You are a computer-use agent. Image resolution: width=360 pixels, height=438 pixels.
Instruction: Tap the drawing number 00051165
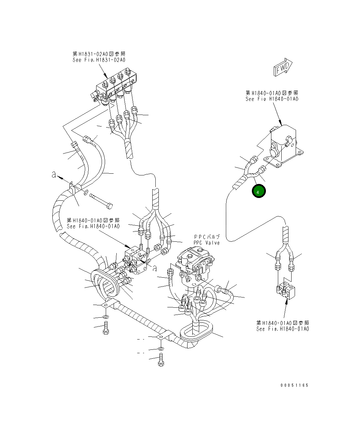pyautogui.click(x=294, y=385)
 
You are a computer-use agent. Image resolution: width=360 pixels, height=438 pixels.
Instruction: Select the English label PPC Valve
pyautogui.click(x=206, y=243)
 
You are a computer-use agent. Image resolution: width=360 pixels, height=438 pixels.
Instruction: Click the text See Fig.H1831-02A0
pyautogui.click(x=99, y=60)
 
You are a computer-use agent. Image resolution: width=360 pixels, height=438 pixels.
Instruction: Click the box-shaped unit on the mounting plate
pyautogui.click(x=284, y=145)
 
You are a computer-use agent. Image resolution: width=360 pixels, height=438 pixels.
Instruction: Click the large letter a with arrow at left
pyautogui.click(x=54, y=175)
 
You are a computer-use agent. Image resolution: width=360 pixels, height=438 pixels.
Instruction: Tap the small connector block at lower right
pyautogui.click(x=287, y=291)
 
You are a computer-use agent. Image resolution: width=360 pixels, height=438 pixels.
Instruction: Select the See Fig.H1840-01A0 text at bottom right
pyautogui.click(x=283, y=329)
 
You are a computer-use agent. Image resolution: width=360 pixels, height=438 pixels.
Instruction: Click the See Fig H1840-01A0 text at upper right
pyautogui.click(x=272, y=99)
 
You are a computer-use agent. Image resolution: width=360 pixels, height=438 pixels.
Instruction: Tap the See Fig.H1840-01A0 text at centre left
pyautogui.click(x=93, y=226)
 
